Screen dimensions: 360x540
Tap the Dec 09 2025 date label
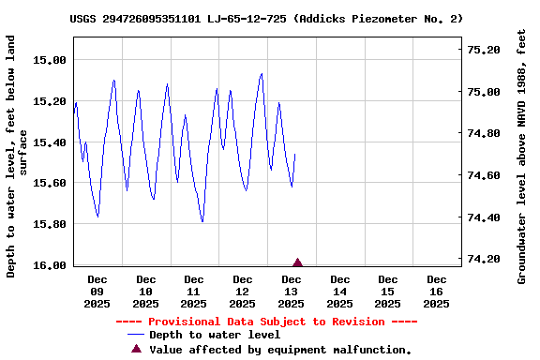[97, 292]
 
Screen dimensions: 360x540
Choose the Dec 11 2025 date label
[194, 292]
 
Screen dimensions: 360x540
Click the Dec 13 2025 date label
[292, 292]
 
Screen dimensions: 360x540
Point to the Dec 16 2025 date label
[436, 292]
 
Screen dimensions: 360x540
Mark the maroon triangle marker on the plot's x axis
[298, 262]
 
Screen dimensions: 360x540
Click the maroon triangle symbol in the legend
[136, 349]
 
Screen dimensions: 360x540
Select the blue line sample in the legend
[136, 335]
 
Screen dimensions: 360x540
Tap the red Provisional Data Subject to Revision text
[266, 322]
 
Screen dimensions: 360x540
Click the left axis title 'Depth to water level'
[18, 157]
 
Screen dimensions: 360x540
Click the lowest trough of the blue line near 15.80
[202, 222]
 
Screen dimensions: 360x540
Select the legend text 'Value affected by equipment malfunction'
[280, 350]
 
